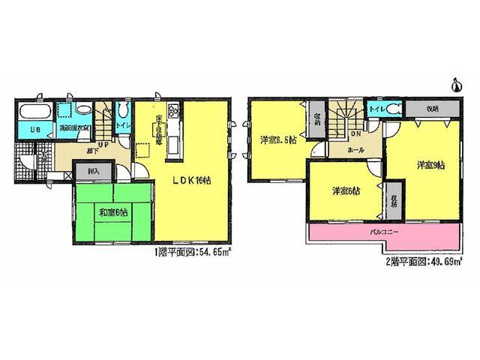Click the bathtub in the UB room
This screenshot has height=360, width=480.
34,114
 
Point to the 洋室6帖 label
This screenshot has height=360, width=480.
344,191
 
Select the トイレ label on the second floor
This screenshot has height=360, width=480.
376,109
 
